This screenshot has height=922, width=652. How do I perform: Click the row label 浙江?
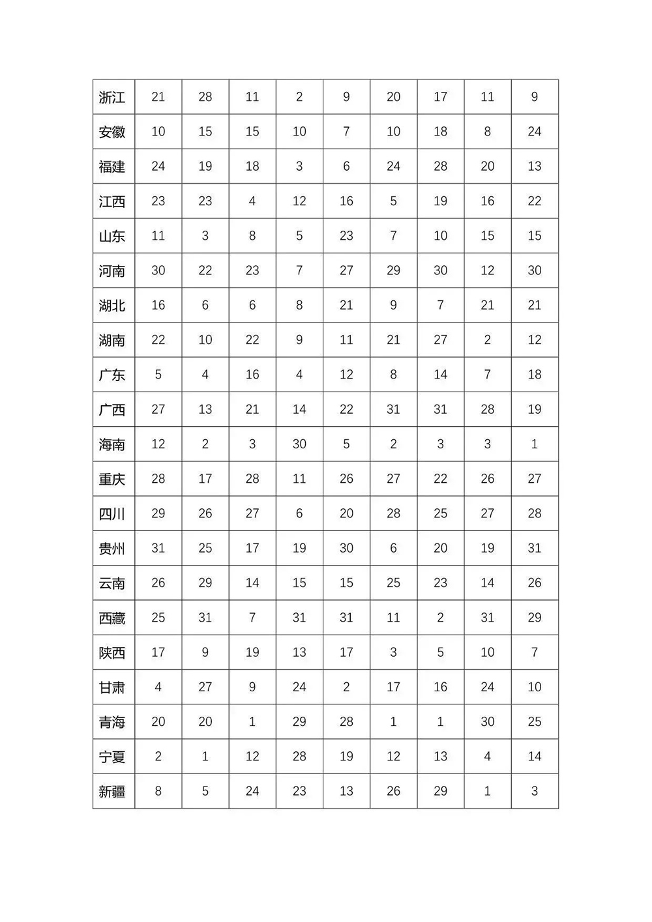[x=112, y=97]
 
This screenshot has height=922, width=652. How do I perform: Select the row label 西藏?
[x=112, y=618]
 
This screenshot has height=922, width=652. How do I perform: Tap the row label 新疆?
[x=112, y=792]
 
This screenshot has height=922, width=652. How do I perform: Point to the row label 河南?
[x=112, y=270]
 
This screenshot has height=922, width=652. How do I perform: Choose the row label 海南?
[x=112, y=444]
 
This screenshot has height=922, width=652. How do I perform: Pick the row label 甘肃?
[x=112, y=687]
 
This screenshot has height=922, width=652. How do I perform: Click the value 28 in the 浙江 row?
[x=205, y=97]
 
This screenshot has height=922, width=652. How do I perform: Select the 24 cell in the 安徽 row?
[x=535, y=132]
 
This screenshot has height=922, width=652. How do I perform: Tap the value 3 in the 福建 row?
[x=299, y=166]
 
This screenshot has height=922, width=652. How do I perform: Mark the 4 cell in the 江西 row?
[x=252, y=201]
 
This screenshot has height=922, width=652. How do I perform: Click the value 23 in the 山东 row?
[x=346, y=236]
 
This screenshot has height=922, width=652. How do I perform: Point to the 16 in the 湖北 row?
[x=158, y=305]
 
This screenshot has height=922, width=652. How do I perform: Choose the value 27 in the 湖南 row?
[x=441, y=339]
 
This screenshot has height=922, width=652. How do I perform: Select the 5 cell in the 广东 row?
[x=158, y=375]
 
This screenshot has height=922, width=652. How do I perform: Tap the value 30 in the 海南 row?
[x=299, y=444]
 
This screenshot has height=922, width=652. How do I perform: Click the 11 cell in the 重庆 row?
[x=299, y=479]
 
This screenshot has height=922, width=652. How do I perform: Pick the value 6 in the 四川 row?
[x=299, y=513]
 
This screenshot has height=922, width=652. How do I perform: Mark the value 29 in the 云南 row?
[x=205, y=583]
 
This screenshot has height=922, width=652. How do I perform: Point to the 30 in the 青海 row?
[x=488, y=721]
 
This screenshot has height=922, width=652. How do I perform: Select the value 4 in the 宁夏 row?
[x=488, y=756]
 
